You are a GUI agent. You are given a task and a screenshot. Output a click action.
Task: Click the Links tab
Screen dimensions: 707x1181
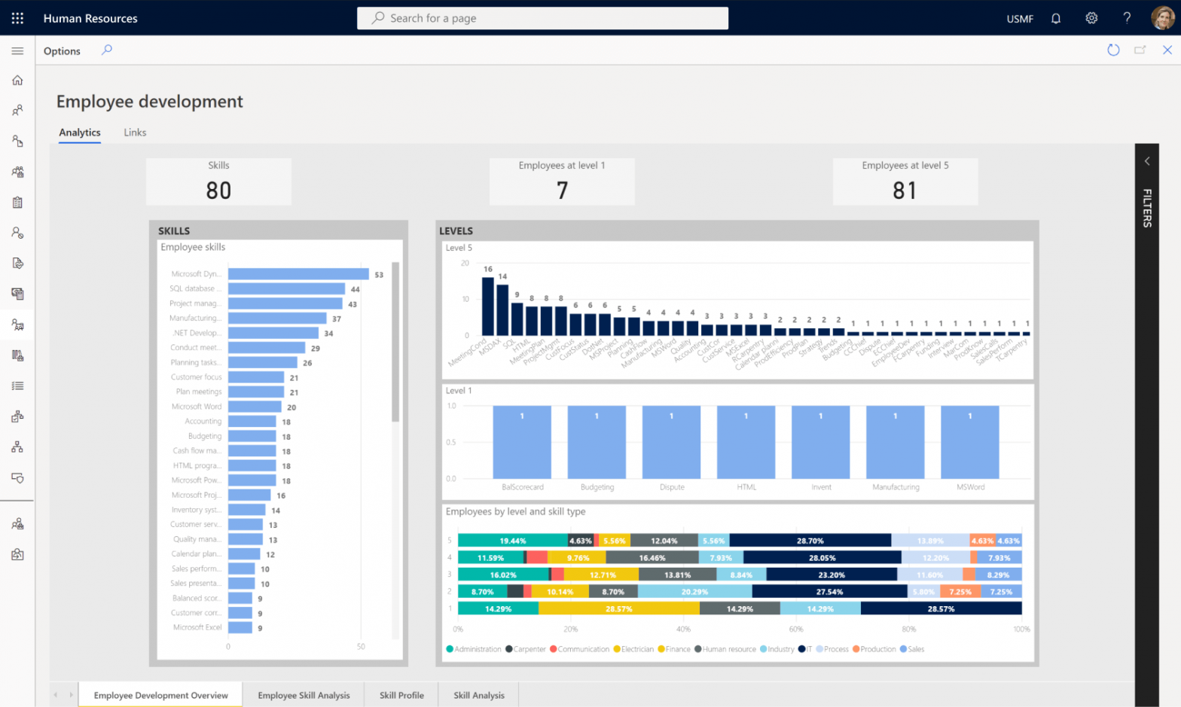pos(135,133)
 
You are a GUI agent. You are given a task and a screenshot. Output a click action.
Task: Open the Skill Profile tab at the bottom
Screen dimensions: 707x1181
pos(401,695)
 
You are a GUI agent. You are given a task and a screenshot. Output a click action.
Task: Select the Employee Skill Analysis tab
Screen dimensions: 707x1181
pos(304,695)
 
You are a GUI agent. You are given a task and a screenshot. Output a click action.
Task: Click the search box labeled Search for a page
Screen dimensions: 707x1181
pos(542,18)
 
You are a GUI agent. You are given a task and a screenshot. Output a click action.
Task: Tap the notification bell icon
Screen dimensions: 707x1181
pos(1056,18)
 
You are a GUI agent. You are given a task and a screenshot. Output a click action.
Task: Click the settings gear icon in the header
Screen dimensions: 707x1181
pos(1091,18)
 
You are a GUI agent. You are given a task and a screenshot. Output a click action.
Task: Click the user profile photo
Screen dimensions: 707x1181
pos(1162,18)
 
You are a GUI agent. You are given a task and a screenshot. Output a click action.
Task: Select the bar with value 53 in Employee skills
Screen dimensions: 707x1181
pos(298,274)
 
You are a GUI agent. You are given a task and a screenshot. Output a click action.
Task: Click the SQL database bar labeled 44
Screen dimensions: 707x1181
pos(286,288)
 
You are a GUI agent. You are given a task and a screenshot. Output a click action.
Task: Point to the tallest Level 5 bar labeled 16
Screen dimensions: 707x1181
pos(488,306)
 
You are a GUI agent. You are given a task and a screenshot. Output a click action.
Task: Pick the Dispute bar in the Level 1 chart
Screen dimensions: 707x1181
pos(671,443)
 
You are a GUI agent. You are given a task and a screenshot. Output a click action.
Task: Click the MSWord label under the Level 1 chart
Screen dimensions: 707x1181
pos(970,487)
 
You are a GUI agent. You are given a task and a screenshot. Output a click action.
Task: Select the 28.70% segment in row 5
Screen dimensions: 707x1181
pos(810,541)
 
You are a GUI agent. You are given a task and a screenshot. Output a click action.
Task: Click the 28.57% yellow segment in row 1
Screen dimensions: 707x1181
pos(619,608)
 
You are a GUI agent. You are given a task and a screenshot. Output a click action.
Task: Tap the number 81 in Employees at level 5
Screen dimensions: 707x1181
pos(905,190)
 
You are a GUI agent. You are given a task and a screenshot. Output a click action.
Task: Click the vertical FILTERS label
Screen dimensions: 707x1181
pos(1147,208)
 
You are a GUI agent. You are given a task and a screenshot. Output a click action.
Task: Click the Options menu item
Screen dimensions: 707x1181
pos(62,51)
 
